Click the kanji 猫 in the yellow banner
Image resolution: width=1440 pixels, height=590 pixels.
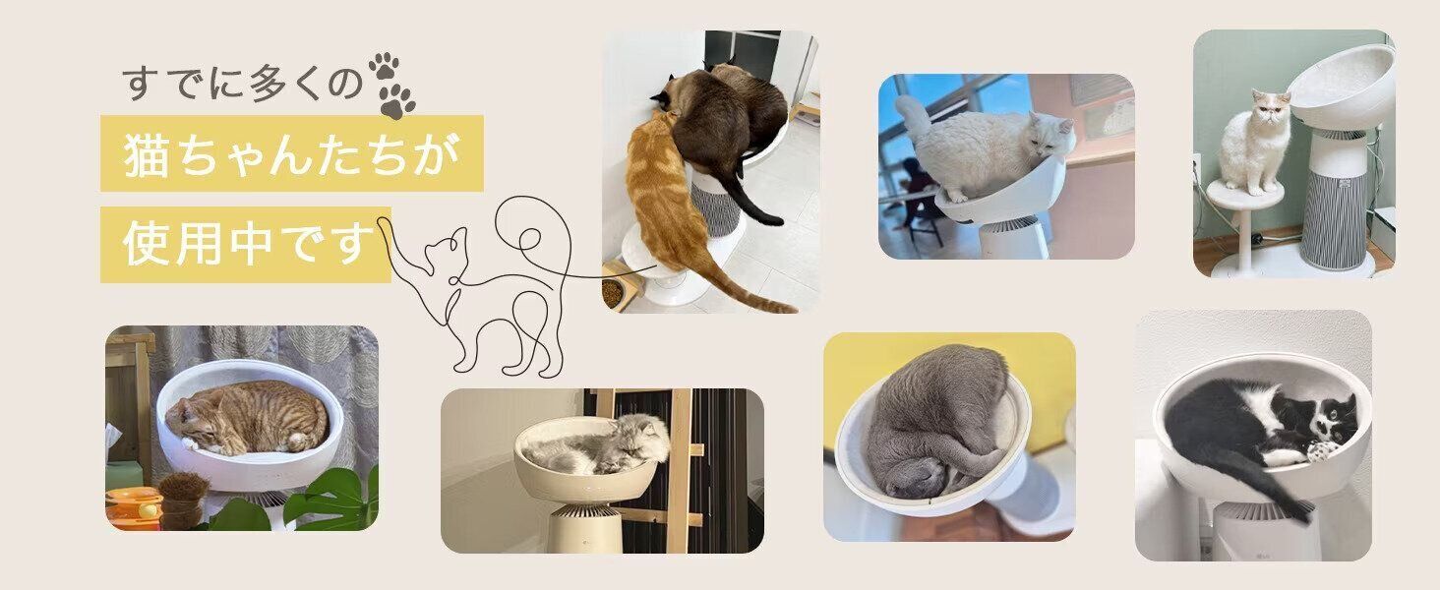coord(147,155)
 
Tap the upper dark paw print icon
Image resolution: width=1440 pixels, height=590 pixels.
coord(384,66)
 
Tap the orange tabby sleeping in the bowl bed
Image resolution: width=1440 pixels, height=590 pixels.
coord(247,418)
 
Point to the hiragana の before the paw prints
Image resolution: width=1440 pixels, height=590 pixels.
coord(343,84)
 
